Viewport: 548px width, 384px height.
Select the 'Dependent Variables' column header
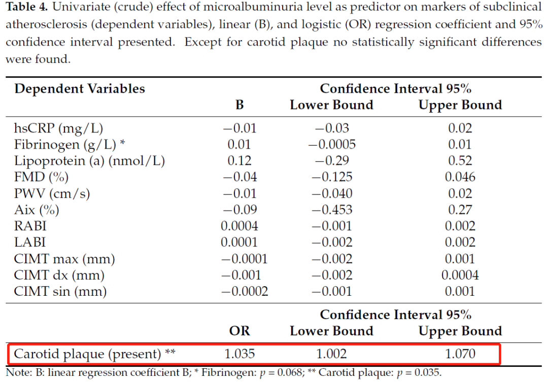[x=80, y=89]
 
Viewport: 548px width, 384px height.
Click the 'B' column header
[x=239, y=105]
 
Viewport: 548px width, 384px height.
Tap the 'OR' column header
[x=239, y=331]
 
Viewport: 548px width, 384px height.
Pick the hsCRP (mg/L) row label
[x=61, y=128]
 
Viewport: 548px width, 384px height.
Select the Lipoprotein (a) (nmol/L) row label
[x=89, y=161]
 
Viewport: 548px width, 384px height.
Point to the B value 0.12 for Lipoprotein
[x=239, y=161]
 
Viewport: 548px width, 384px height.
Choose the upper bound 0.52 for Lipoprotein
[x=460, y=161]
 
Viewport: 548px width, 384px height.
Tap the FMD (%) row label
[x=41, y=177]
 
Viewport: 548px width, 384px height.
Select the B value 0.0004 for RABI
[x=239, y=226]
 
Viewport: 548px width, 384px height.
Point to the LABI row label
[x=29, y=242]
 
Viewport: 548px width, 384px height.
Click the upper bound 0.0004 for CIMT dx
[x=460, y=275]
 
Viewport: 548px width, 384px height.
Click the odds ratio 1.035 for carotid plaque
[x=239, y=354]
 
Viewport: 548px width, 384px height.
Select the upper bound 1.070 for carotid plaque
[x=460, y=354]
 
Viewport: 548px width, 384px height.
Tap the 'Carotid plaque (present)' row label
[x=87, y=354]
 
